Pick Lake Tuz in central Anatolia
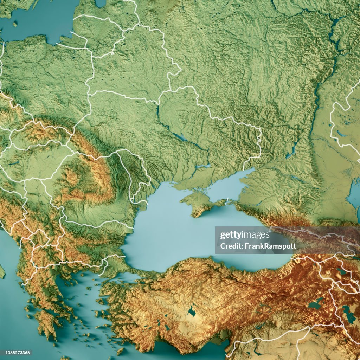click(192, 311)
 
